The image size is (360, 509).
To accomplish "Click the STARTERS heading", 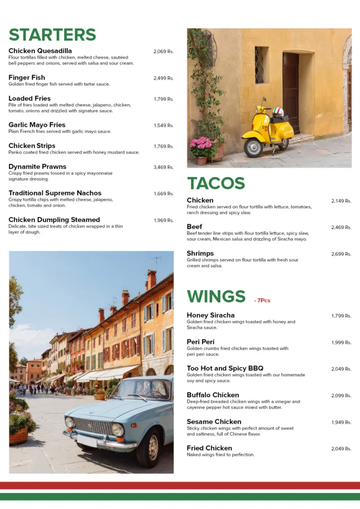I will pos(52,35).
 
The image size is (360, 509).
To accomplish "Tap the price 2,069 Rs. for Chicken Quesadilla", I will pos(163,52).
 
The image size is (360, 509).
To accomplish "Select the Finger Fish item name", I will pos(27,78).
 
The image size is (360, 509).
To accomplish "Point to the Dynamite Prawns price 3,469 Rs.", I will pos(163,168).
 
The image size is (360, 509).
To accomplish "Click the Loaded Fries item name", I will pos(29,98).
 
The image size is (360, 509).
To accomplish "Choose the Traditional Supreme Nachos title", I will pos(55,193).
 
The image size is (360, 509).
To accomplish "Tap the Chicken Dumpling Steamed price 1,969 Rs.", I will pos(163,221).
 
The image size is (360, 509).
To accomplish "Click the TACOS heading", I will pos(216,183).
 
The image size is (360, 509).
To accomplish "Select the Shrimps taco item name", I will pos(200,254).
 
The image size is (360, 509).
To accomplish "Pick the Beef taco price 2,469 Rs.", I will pos(341,228).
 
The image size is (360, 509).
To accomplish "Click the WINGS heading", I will pos(216,296).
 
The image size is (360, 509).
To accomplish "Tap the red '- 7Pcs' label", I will pos(262,301).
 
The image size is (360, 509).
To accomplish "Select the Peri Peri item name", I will pos(200,342).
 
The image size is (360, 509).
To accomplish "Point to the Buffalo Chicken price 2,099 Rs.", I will pos(341,396).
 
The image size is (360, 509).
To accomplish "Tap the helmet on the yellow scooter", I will pos(278,112).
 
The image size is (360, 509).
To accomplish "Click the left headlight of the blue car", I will pos(70,423).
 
